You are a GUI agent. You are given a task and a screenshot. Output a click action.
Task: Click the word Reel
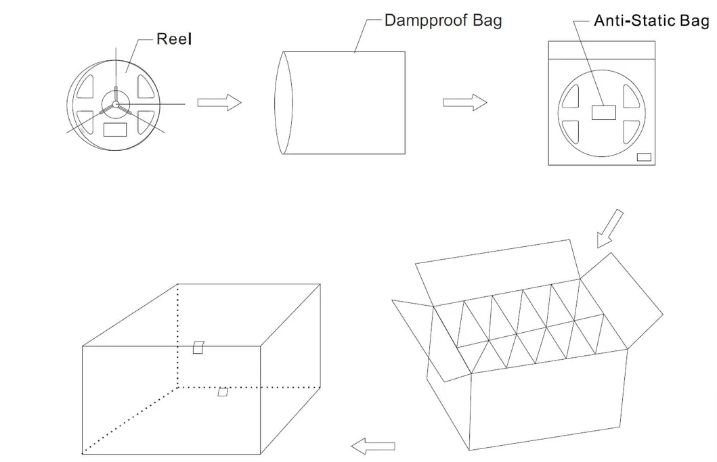[174, 39]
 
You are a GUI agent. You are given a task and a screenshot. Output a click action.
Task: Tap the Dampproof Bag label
[443, 20]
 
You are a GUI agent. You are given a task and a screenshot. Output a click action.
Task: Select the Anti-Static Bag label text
[651, 20]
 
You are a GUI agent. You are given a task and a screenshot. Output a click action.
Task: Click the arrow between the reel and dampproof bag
[219, 102]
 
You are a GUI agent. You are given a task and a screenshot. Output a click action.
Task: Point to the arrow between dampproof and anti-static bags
[464, 102]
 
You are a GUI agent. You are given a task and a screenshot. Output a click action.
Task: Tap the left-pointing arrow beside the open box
[373, 445]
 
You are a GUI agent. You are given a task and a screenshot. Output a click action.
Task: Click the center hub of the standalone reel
[116, 104]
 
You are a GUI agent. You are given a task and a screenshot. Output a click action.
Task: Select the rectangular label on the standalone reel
[116, 129]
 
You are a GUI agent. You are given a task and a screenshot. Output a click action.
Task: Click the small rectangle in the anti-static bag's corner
[644, 157]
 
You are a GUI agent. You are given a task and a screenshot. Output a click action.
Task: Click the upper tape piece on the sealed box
[198, 347]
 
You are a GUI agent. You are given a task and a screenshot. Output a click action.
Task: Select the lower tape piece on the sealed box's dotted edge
[222, 392]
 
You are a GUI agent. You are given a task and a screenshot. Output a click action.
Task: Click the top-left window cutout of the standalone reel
[88, 85]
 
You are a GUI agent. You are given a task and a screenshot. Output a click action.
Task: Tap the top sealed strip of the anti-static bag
[602, 50]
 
